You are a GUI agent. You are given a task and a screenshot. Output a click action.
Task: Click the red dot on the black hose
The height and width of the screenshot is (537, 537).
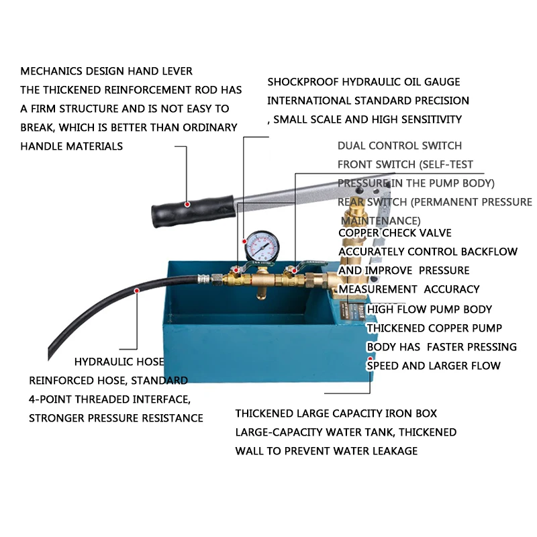coord(136,291)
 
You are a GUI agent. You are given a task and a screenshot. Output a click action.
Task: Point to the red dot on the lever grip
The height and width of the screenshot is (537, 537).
coord(189,204)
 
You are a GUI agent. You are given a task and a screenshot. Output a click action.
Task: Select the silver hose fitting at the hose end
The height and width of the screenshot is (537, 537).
coord(203,277)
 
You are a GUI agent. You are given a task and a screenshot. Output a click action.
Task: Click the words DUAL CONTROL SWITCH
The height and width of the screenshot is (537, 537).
coord(399,145)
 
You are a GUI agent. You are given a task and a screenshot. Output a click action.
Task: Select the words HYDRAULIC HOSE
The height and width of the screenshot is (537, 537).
coord(119,362)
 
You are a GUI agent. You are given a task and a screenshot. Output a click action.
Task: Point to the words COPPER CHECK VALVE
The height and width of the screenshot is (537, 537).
coord(395,233)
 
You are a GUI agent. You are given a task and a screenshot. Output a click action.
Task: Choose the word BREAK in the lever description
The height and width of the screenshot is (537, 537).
coord(36,128)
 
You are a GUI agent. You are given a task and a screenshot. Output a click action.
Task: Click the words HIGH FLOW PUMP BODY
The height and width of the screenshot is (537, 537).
coord(430,309)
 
